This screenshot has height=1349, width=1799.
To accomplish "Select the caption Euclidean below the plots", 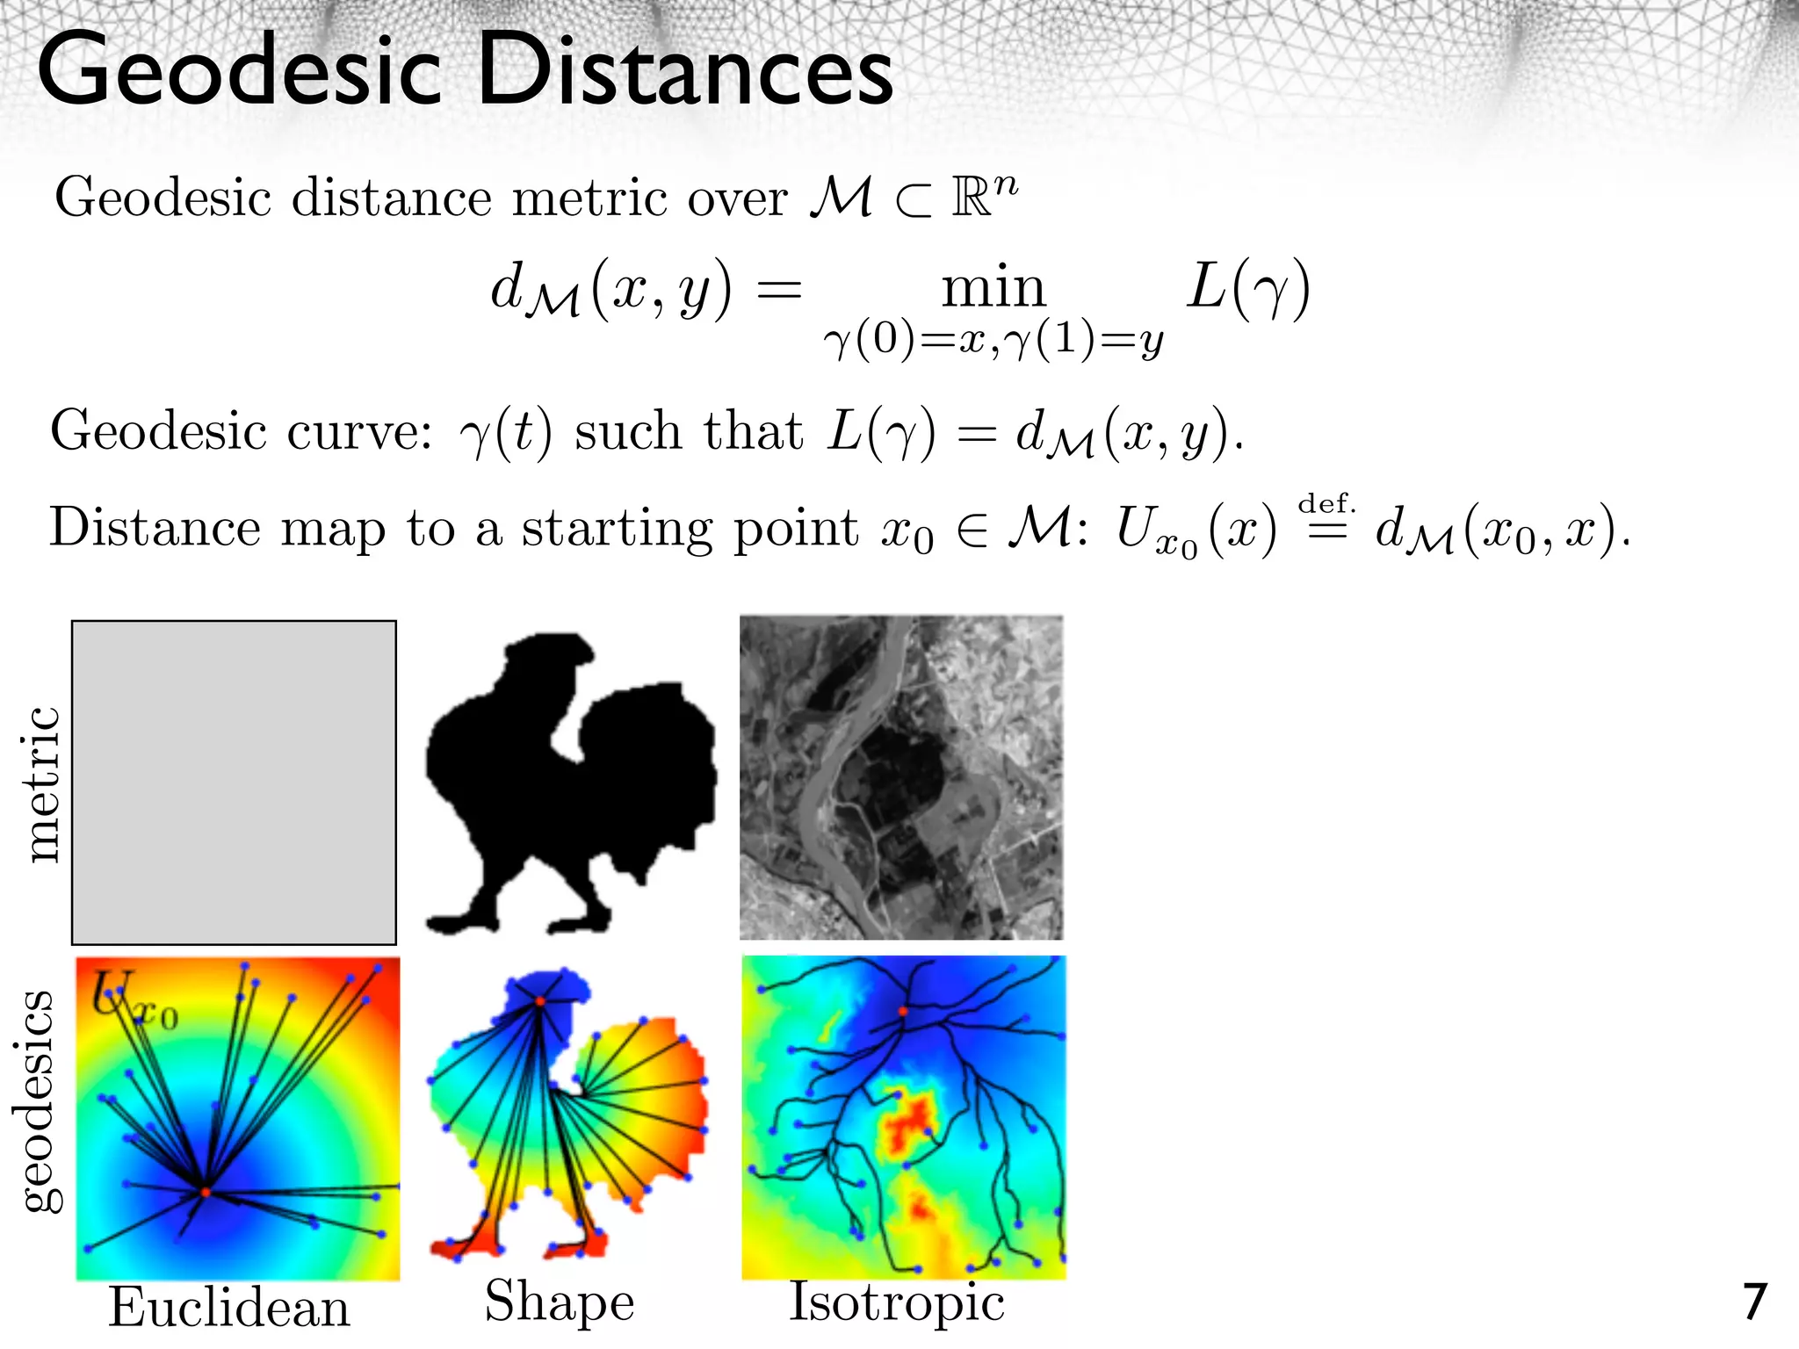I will tap(229, 1308).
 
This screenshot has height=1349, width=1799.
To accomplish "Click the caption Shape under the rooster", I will tap(560, 1302).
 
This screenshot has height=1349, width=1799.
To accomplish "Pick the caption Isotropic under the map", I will tap(897, 1302).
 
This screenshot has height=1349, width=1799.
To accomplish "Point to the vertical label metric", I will tap(41, 783).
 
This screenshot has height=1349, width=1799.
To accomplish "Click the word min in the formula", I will tap(993, 287).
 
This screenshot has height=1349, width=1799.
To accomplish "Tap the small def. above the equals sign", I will tap(1326, 504).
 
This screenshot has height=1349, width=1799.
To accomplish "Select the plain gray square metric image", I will tap(234, 783).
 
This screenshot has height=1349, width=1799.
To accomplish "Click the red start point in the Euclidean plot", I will tap(205, 1193).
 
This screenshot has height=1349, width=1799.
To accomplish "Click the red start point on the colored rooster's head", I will tap(540, 1001).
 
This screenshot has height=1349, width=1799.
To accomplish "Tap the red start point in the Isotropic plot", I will tap(903, 1012).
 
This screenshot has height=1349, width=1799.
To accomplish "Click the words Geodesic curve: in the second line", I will tap(242, 431).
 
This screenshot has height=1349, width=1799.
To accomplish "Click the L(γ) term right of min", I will tap(1247, 287).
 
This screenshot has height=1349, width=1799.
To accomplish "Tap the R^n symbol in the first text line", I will tap(984, 195).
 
